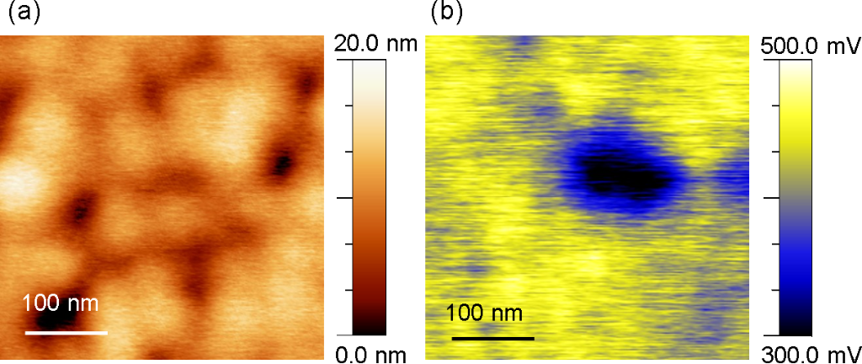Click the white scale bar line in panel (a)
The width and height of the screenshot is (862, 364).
67,333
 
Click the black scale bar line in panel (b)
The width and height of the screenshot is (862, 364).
493,339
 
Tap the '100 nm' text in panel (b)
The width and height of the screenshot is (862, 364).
484,314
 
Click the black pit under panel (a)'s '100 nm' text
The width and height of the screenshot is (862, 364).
51,319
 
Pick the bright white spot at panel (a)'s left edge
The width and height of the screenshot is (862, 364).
21,179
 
